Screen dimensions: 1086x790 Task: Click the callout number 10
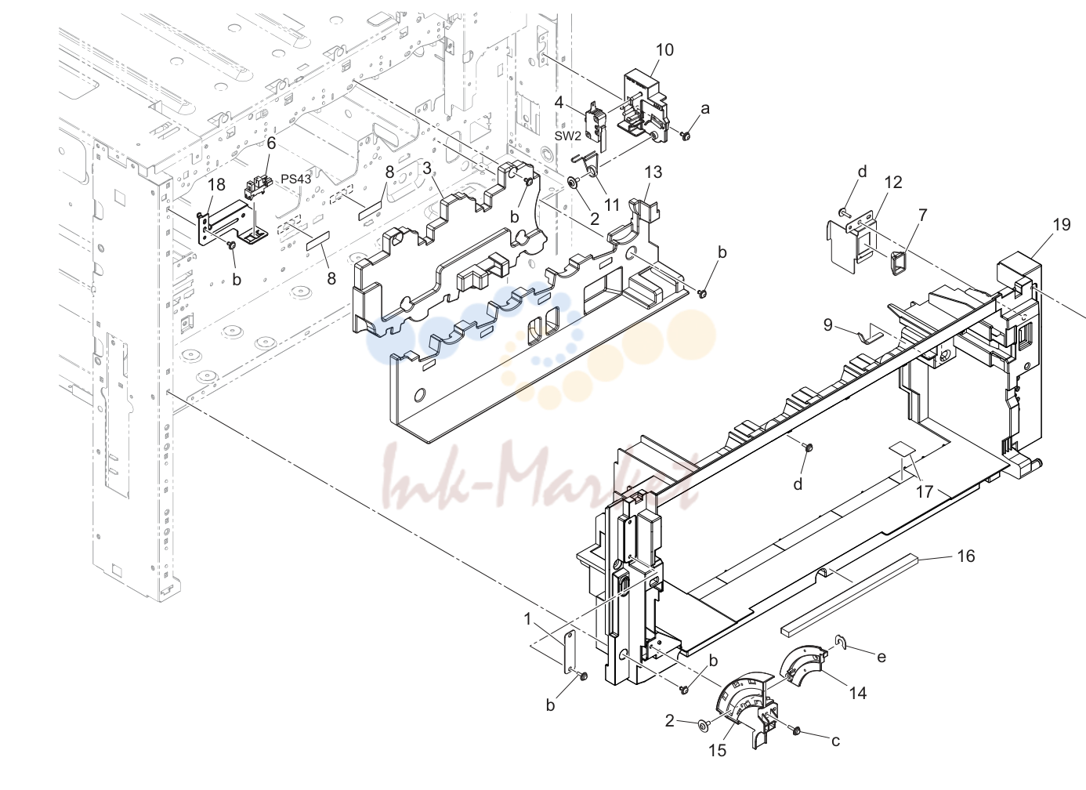pyautogui.click(x=664, y=50)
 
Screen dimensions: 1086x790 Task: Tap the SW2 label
pyautogui.click(x=568, y=136)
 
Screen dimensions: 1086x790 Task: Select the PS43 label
pyautogui.click(x=295, y=179)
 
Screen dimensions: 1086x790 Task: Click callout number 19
pyautogui.click(x=1061, y=224)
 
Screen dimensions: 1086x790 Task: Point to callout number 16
pyautogui.click(x=966, y=556)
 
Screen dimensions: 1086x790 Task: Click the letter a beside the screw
pyautogui.click(x=705, y=109)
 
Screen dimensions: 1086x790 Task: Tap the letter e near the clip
pyautogui.click(x=881, y=657)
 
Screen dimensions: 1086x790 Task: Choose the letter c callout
pyautogui.click(x=835, y=741)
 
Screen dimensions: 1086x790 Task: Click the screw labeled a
pyautogui.click(x=686, y=136)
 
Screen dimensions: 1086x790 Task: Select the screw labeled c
pyautogui.click(x=795, y=730)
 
